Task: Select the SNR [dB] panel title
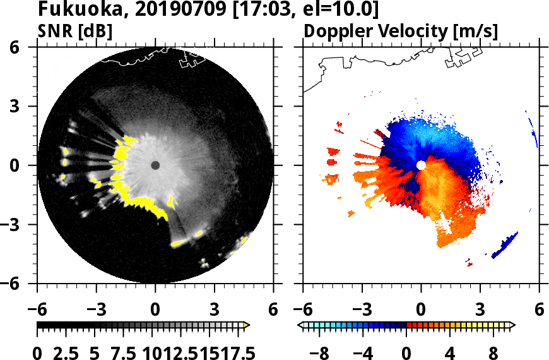[x=76, y=31]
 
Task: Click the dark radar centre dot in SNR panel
[x=155, y=165]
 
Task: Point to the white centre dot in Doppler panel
[x=421, y=165]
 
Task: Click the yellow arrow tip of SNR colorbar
[x=247, y=325]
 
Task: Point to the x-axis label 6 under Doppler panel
[x=539, y=311]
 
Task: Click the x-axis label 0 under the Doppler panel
[x=421, y=311]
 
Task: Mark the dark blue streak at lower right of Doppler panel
[x=505, y=246]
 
